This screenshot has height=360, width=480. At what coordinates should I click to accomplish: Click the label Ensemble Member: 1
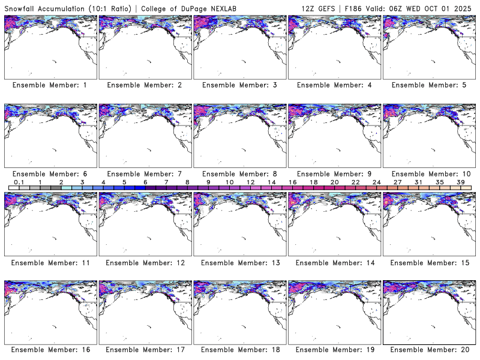point(49,85)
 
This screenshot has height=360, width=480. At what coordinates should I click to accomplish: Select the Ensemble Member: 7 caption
point(144,174)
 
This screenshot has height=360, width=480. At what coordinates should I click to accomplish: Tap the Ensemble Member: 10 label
point(430,174)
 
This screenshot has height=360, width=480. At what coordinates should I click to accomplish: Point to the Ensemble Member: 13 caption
point(239,263)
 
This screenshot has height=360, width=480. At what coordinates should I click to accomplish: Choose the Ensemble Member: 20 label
point(430,349)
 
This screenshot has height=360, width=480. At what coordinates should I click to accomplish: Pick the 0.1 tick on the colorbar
point(19,182)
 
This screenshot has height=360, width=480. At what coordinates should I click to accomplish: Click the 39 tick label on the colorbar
point(460,182)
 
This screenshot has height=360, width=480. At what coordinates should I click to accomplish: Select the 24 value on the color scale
point(376,182)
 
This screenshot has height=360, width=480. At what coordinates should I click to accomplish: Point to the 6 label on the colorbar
point(145,182)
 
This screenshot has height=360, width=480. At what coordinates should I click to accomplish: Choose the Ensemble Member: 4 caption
point(335,85)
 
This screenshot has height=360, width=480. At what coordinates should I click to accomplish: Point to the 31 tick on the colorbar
point(418,182)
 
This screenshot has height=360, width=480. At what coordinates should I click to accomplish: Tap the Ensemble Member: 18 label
point(239,349)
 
